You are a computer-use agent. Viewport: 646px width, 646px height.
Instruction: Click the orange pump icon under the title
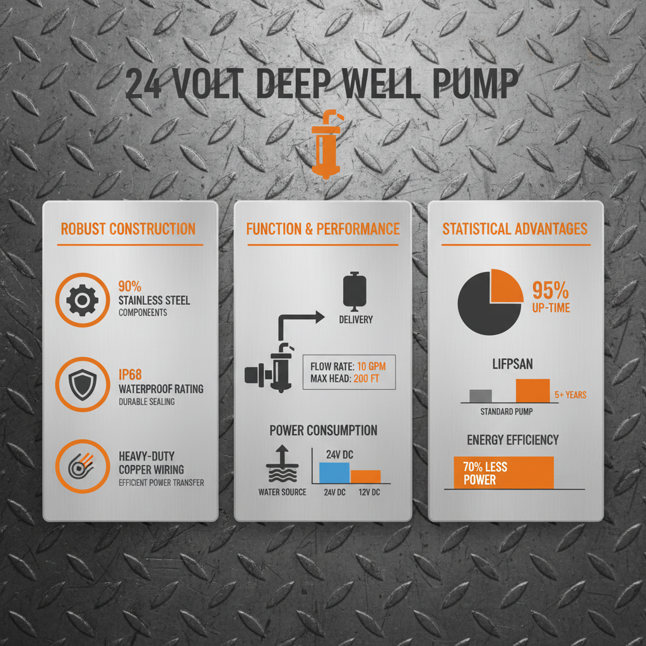[x=324, y=145]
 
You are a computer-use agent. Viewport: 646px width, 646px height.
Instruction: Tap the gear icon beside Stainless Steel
[x=82, y=300]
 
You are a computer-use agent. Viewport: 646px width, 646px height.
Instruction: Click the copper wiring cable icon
[x=82, y=467]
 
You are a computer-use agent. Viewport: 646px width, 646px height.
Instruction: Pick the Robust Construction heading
[x=128, y=229]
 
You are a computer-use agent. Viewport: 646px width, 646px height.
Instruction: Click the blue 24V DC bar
[x=334, y=473]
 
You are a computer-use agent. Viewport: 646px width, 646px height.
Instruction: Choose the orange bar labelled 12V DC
[x=366, y=477]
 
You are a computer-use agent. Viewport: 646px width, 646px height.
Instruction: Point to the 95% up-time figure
[x=551, y=291]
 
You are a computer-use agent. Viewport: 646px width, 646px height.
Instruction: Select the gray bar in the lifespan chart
[x=481, y=396]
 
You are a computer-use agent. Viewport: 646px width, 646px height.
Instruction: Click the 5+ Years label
[x=570, y=395]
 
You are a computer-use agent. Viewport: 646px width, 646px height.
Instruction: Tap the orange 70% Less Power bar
[x=503, y=473]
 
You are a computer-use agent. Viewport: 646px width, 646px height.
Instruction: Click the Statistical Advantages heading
[x=515, y=229]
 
